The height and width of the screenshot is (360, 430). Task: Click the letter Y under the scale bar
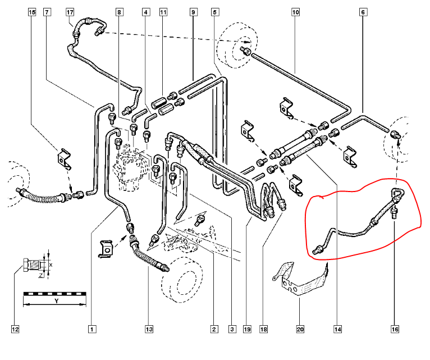(x=56, y=302)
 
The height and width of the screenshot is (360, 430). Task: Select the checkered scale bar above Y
(x=54, y=293)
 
